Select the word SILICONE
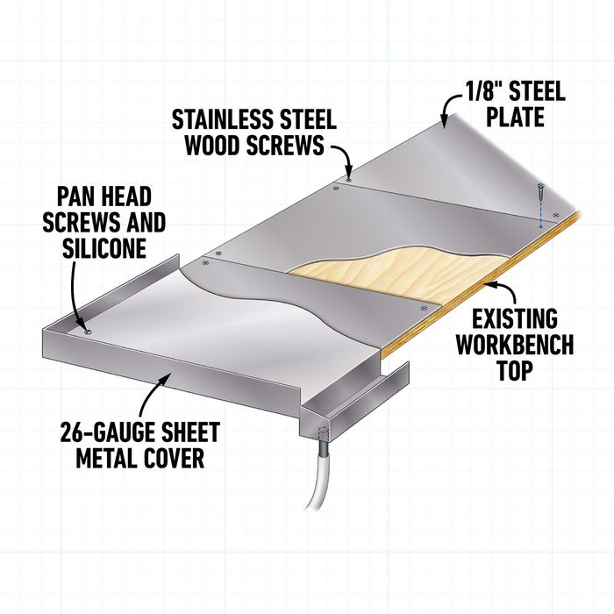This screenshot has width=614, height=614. pos(104,247)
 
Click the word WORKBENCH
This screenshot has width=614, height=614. pos(515,344)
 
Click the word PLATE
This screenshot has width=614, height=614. pos(516,117)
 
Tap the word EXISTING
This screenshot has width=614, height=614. pos(515,318)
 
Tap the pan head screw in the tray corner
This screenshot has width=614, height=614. pos(88,332)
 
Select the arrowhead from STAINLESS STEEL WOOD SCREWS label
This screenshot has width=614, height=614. pos(348,173)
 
